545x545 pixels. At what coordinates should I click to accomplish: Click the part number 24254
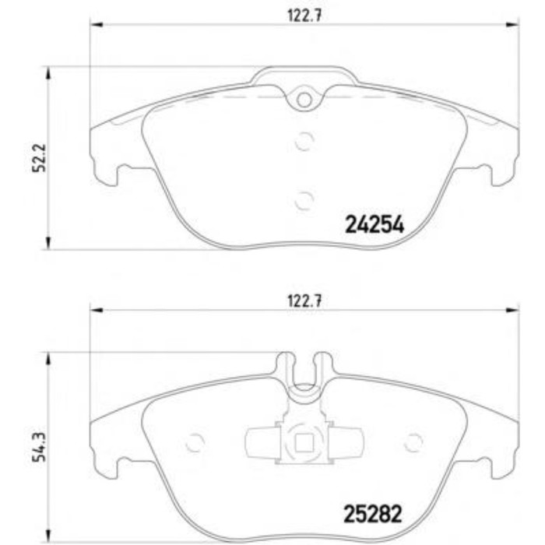point(374,224)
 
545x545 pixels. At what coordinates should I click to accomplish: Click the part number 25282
point(373,514)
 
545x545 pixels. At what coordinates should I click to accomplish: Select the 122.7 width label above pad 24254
point(304,16)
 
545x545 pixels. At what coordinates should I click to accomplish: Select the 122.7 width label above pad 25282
point(304,301)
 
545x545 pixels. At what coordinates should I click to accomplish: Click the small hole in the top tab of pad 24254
point(304,100)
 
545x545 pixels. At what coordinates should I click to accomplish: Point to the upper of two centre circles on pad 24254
point(304,141)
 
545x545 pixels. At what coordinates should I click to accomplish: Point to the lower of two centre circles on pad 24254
point(304,201)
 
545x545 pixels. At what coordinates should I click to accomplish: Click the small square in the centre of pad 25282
point(304,444)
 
